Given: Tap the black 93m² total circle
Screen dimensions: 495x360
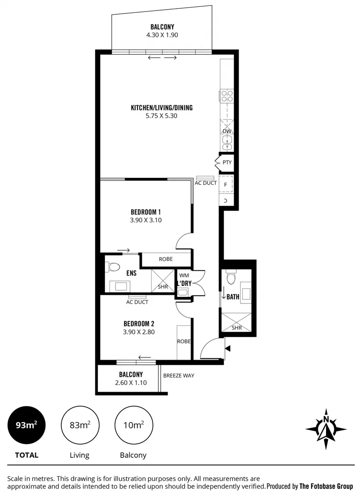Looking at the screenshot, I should coord(27,425).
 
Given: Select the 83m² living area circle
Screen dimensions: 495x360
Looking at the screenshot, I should coord(80,425).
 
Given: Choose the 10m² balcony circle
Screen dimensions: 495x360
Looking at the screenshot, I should coord(133,425).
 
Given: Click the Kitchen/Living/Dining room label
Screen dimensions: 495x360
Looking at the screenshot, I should coord(162,108).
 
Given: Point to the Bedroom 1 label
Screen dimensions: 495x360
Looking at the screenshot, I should coord(146,212).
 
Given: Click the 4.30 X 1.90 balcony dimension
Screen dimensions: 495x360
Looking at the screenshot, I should coord(162,34).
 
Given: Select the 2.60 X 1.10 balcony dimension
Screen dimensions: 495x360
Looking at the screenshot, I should coord(131,383).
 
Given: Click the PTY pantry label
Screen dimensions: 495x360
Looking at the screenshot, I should coord(227,162).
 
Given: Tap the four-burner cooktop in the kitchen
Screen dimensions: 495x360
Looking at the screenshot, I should coord(227,96).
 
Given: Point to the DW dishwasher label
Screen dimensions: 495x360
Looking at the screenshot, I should coord(227,131).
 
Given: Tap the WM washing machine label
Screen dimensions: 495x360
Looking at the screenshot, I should coord(184,275).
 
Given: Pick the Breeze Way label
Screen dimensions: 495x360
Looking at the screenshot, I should coord(179,375).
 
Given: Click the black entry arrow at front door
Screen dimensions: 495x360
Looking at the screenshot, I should coord(228,349).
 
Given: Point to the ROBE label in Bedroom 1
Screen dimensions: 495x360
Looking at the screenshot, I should coord(166,259).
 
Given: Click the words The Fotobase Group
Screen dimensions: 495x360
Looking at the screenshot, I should coord(326,486).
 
